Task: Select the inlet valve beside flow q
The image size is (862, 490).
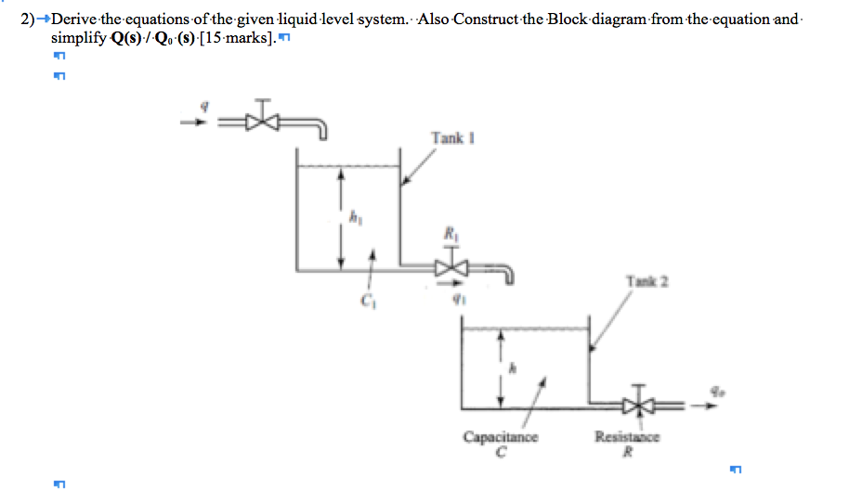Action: [265, 120]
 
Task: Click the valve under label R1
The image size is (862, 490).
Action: [451, 268]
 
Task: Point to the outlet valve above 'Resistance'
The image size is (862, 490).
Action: [637, 405]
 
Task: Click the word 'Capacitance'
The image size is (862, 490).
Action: [501, 437]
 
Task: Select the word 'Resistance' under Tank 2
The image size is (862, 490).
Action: [628, 437]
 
